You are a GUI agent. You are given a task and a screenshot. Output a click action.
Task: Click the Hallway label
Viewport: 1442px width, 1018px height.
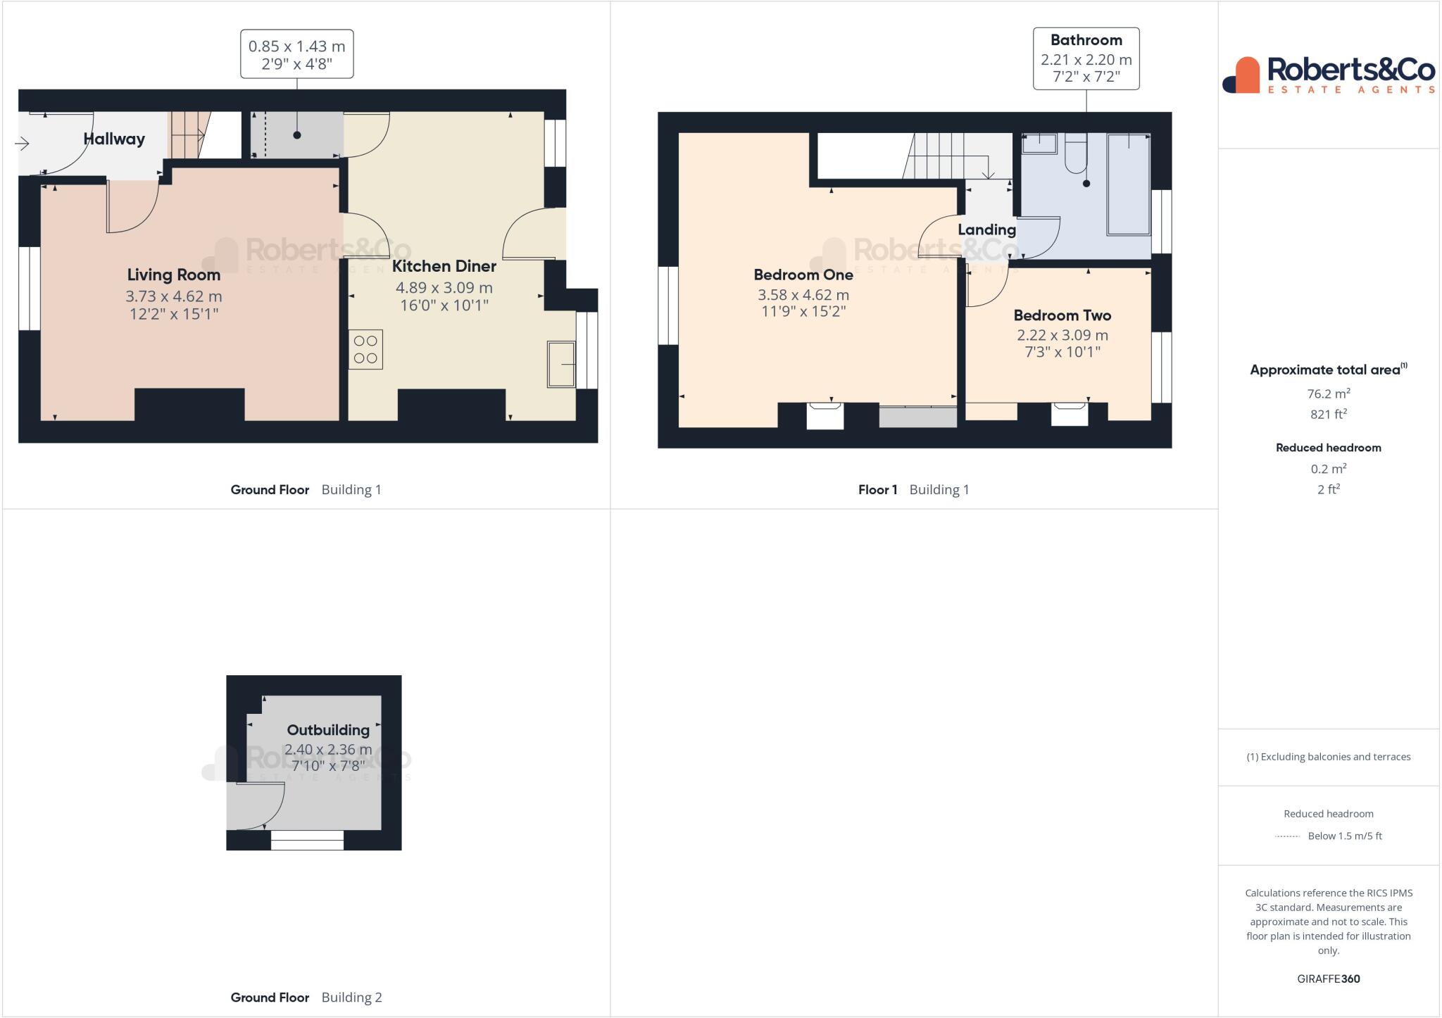coord(114,139)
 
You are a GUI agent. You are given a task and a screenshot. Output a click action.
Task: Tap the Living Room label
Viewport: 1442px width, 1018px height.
coord(173,275)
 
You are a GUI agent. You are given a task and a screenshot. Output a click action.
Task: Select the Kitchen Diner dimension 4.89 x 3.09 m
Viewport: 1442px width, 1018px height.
coord(444,288)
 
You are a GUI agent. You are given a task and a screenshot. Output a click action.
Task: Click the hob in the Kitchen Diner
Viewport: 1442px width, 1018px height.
coord(365,350)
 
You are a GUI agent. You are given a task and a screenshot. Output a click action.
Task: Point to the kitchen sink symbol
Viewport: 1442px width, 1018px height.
coord(561,364)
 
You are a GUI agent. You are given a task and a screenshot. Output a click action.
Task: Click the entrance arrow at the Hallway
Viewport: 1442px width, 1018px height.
coord(22,144)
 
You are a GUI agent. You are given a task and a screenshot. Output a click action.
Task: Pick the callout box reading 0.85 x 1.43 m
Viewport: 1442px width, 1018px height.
coord(296,54)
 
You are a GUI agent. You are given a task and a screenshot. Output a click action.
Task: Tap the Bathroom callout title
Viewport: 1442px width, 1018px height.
coord(1086,40)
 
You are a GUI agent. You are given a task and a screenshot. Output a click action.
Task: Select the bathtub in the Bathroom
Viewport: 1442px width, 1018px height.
coord(1129,184)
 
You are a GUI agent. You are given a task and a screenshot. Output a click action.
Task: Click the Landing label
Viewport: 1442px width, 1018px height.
coord(986,230)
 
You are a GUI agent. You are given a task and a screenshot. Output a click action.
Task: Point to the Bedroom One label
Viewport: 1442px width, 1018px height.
coord(803,275)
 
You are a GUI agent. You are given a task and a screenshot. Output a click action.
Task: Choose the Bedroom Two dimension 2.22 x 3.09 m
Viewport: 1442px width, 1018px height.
coord(1062,336)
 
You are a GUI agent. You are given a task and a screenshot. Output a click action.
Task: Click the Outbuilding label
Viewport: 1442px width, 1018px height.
coord(327,730)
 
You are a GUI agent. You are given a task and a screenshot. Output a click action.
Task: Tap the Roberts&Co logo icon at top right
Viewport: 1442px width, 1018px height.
coord(1241,75)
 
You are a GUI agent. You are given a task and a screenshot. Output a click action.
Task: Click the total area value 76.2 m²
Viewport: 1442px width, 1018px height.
coord(1328,394)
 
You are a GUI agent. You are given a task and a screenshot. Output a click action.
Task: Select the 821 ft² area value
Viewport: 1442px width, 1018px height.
coord(1328,415)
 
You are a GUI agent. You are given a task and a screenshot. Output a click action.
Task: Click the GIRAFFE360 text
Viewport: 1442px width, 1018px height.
coord(1328,979)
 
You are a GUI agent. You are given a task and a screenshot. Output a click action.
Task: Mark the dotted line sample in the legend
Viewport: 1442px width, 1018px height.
coord(1287,836)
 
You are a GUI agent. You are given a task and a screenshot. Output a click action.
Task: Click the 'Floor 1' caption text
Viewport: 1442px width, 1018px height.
coord(877,490)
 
